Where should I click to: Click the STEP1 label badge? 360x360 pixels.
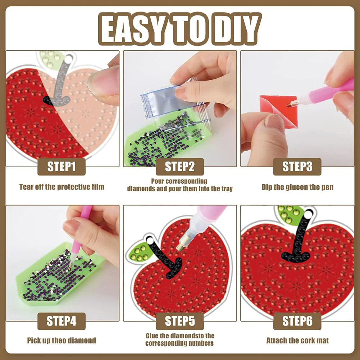pyautogui.click(x=61, y=167)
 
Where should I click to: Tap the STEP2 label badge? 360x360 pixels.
pyautogui.click(x=179, y=167)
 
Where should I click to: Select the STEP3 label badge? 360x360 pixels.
pyautogui.click(x=297, y=167)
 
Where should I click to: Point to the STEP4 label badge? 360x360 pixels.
pyautogui.click(x=61, y=321)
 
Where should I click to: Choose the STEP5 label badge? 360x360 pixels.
pyautogui.click(x=179, y=321)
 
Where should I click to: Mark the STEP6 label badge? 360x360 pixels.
pyautogui.click(x=297, y=321)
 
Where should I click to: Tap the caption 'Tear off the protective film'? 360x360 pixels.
pyautogui.click(x=61, y=187)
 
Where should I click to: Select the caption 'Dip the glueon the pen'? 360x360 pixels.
pyautogui.click(x=297, y=187)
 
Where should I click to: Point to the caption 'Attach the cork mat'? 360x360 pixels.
pyautogui.click(x=297, y=340)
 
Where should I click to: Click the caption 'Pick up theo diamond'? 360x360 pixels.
pyautogui.click(x=61, y=340)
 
